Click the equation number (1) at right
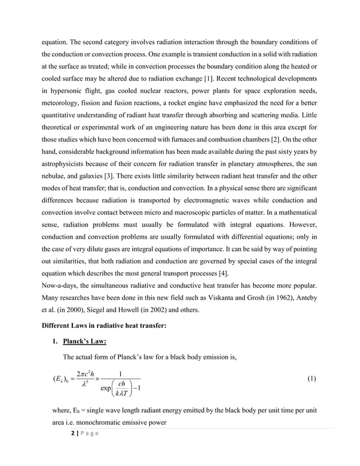tap(312, 380)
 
